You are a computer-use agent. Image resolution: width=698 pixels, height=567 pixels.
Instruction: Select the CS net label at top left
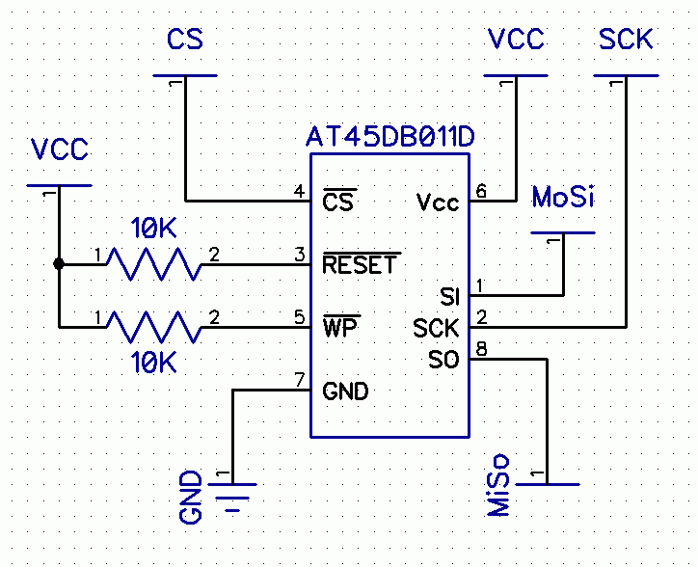coord(185,40)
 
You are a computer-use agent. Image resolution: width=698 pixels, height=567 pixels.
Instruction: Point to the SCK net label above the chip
coord(626,40)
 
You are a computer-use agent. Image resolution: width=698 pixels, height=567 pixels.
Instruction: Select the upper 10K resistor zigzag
coord(153,263)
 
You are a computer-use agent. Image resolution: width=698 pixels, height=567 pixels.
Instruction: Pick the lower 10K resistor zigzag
coord(153,327)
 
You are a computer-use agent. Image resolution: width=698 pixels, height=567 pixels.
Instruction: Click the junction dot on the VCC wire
coord(59,263)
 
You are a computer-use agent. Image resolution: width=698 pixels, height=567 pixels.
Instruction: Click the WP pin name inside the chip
coord(338,328)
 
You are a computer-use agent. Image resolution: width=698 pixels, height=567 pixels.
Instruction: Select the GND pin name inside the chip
coord(345,391)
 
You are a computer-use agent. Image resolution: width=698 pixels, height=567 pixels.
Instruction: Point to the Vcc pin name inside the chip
coord(438,202)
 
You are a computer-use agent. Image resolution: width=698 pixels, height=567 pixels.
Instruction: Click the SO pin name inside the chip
coord(443,360)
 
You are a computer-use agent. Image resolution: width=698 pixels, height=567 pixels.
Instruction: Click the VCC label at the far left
coord(59,149)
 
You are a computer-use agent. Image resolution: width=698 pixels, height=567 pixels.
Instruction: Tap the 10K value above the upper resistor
coord(154,229)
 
